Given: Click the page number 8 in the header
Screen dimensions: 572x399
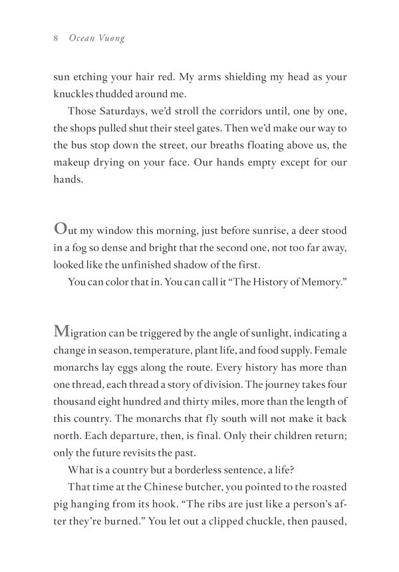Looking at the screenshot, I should [56, 39].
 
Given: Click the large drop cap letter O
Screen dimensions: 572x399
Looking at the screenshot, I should [60, 229].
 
